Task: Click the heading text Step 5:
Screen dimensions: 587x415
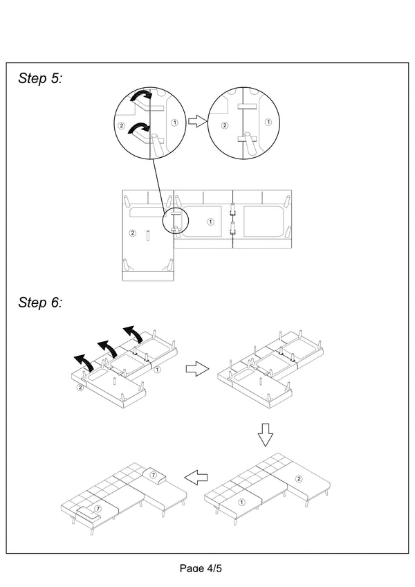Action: click(40, 79)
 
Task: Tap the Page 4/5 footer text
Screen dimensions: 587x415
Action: click(201, 568)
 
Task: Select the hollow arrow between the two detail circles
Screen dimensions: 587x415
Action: click(198, 121)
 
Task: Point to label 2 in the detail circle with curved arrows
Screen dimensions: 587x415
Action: click(122, 125)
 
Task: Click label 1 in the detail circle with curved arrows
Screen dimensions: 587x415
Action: click(174, 122)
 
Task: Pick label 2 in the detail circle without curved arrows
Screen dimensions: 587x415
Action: click(224, 125)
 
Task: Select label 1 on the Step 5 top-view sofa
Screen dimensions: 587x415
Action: click(210, 222)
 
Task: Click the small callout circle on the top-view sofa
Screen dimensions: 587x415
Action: click(175, 220)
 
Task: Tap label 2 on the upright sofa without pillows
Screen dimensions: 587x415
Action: click(299, 478)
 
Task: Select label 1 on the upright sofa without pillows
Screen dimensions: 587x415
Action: click(241, 501)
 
